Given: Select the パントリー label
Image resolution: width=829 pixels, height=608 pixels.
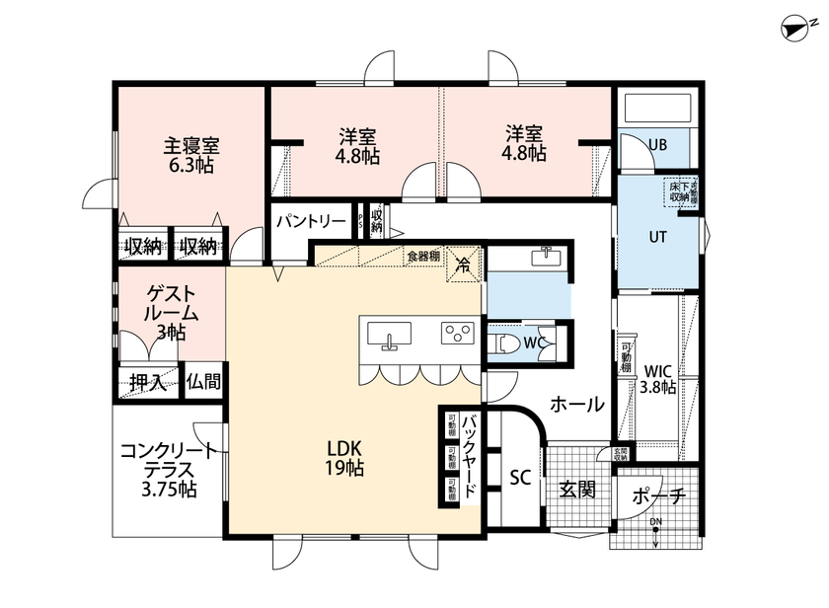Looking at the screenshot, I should tap(310, 220).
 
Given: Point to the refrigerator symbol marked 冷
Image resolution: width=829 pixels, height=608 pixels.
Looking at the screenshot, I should tap(462, 263).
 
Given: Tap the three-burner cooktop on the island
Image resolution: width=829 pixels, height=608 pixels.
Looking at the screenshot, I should tap(456, 334).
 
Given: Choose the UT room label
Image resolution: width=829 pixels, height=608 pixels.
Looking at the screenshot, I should tap(658, 238).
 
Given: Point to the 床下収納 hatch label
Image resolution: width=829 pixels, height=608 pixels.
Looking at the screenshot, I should tap(680, 191).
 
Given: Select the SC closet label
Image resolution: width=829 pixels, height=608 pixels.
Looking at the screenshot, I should tap(519, 478).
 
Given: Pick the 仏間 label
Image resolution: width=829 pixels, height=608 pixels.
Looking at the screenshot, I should tap(202, 381).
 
